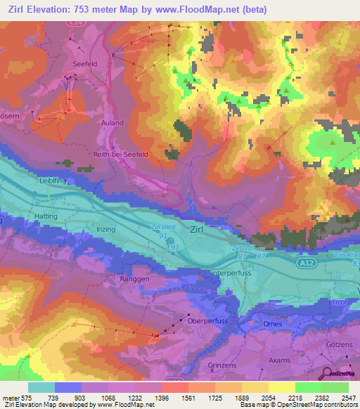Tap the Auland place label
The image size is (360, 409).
pos(112,123)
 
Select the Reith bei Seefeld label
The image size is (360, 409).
pos(119,155)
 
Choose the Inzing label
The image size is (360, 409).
pos(104,229)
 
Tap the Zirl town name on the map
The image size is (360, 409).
pos(202,229)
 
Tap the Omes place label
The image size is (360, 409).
pos(272,324)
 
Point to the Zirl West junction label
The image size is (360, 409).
pos(162,227)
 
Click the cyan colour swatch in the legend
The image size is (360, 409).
pos(41,387)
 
